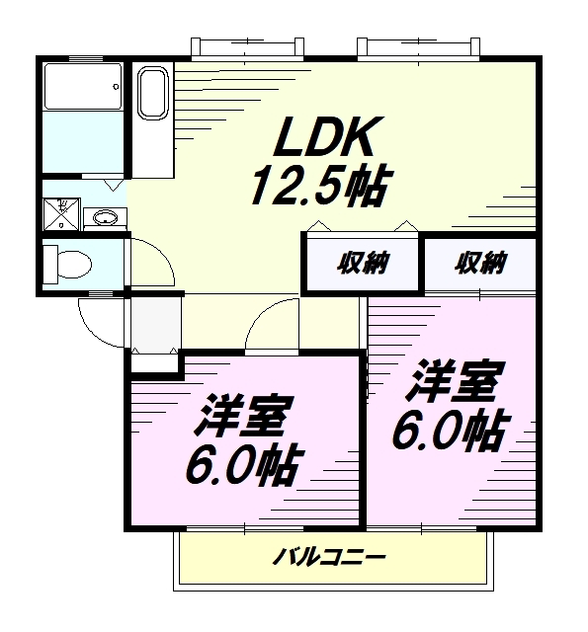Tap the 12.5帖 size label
321,185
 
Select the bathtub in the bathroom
83,86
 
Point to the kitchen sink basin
152,93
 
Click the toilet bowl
67,265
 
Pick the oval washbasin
106,218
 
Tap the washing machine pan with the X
61,214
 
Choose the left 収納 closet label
363,263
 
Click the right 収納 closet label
480,263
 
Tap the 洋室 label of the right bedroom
455,380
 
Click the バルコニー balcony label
329,557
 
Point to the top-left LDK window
247,48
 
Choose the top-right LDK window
418,48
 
